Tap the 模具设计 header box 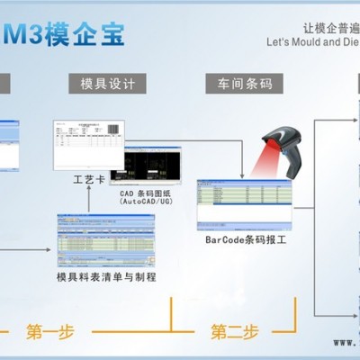point(107,84)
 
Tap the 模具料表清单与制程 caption point(106,276)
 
